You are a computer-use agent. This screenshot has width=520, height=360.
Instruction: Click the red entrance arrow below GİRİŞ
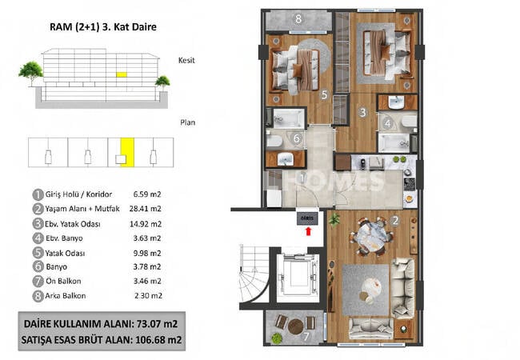[309, 231]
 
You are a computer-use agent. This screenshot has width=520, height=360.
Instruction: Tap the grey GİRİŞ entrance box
[307, 218]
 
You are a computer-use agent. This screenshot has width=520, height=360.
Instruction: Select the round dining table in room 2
[370, 237]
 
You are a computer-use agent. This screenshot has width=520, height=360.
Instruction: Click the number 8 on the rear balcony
[298, 19]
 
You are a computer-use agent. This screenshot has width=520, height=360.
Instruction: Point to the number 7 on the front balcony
[306, 337]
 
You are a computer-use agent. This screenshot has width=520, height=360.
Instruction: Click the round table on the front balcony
[295, 326]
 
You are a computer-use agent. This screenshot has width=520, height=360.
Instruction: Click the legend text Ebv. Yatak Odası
[73, 224]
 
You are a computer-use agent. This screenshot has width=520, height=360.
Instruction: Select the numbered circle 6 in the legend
[38, 266]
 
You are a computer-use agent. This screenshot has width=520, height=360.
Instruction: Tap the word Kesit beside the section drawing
[186, 60]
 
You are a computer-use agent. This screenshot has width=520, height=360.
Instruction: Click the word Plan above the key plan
[188, 122]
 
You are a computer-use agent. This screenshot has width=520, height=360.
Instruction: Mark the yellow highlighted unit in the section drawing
[122, 74]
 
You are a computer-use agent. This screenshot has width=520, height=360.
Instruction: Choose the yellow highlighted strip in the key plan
[127, 152]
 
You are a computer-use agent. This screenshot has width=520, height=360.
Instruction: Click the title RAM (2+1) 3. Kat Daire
[103, 27]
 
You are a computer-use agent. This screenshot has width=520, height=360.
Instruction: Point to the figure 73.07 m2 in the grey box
[157, 323]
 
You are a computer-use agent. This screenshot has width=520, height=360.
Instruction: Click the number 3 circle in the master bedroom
[363, 112]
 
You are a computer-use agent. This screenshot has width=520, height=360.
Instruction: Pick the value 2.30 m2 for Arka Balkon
[148, 296]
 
